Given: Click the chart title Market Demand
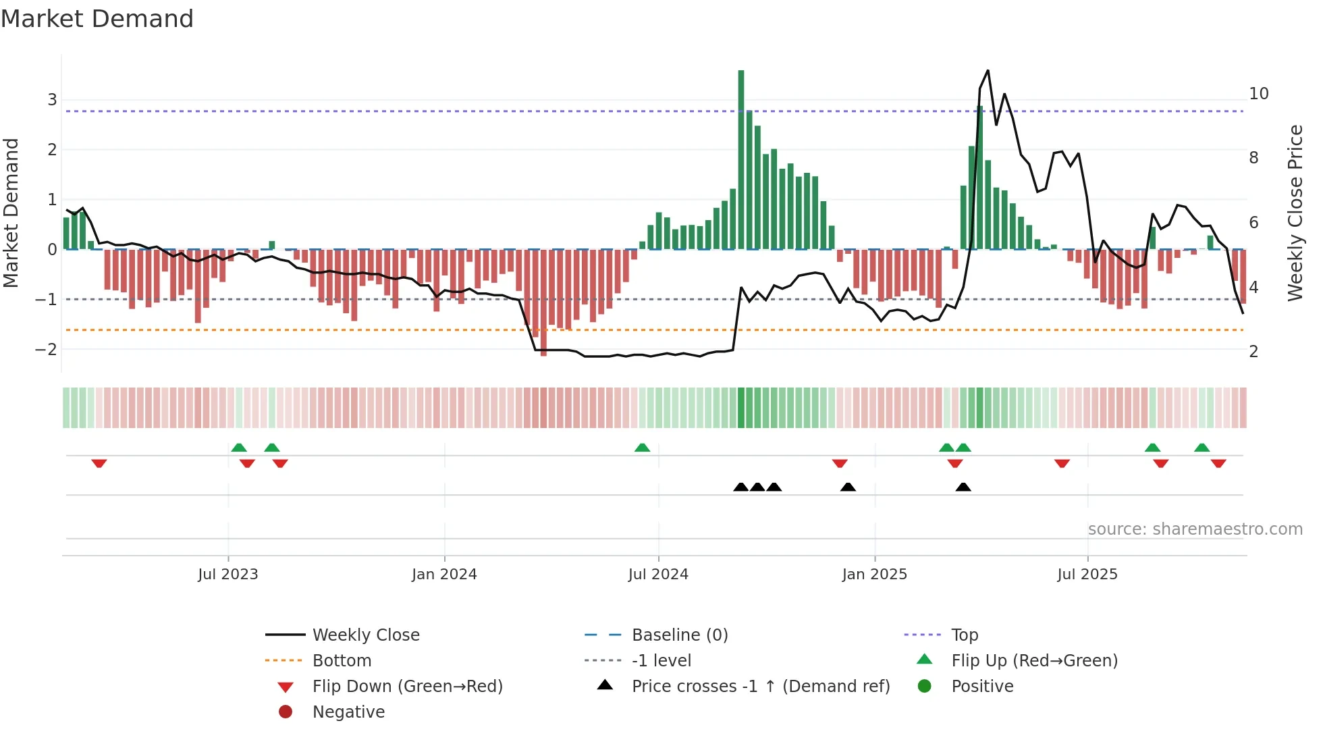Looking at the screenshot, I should (x=97, y=19).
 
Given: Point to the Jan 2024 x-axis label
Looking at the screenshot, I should (x=444, y=575).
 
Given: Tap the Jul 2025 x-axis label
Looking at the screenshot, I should (x=1087, y=575).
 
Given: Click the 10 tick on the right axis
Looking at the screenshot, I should (x=1258, y=94).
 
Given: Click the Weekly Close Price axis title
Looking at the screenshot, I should (x=1295, y=213).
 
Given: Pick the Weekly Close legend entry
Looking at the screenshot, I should (x=365, y=635).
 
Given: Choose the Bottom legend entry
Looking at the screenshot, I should (x=342, y=661).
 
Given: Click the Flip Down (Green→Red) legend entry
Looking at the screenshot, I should (x=407, y=687).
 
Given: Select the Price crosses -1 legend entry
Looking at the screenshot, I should (x=760, y=687).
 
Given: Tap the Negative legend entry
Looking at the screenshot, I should (x=348, y=712).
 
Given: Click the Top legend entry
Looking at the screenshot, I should (x=965, y=635).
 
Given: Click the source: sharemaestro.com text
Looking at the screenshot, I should (x=1195, y=529).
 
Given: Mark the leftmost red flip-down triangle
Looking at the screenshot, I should (x=99, y=463).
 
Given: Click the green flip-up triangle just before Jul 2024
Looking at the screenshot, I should (x=642, y=448).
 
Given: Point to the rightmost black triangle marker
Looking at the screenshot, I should (x=963, y=487).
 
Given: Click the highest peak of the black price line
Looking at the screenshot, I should (x=988, y=70).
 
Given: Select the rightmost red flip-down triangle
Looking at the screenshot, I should (x=1218, y=463).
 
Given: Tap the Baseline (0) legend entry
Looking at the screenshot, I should (x=679, y=635).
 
